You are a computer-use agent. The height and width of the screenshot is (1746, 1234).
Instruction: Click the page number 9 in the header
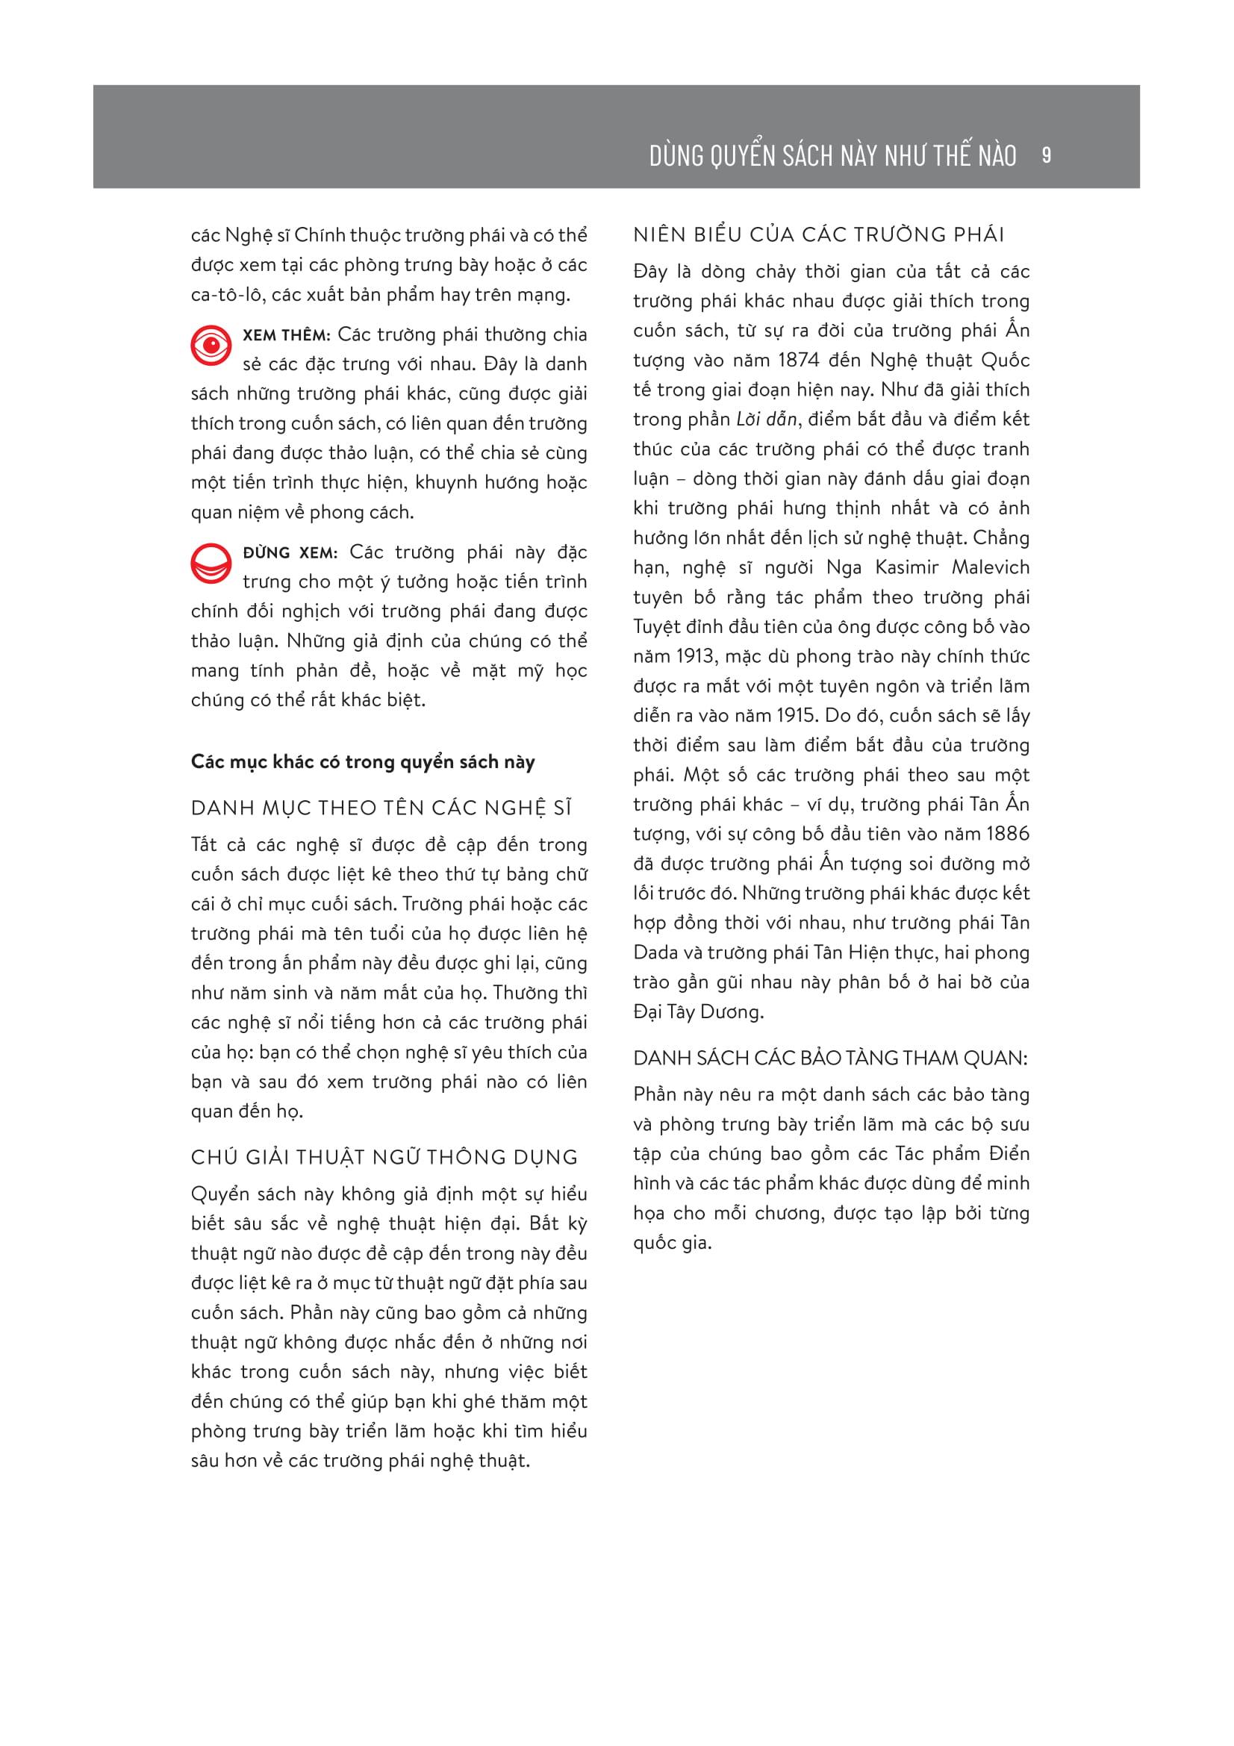click(1046, 155)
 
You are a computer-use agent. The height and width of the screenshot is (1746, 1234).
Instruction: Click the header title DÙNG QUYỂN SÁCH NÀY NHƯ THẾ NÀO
click(832, 156)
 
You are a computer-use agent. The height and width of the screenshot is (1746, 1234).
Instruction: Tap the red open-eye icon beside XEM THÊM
click(211, 346)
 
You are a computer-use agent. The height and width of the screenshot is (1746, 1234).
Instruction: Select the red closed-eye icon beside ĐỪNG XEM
click(211, 564)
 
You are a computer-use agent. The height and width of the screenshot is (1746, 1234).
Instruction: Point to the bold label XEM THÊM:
click(287, 334)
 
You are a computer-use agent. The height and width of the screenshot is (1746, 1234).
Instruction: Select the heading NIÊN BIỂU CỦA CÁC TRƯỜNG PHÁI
click(819, 234)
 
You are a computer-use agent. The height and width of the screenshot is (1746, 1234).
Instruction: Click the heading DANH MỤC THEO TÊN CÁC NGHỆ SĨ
click(381, 808)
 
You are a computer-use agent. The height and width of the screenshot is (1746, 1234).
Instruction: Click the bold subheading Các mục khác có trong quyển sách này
click(363, 762)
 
